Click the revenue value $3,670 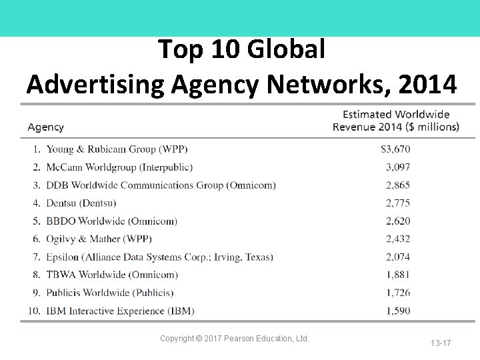click(395, 149)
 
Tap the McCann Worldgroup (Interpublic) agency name click(119, 167)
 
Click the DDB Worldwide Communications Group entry click(161, 185)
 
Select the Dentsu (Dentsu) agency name click(81, 203)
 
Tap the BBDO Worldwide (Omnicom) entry click(111, 221)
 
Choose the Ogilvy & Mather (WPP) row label click(99, 239)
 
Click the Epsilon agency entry click(159, 257)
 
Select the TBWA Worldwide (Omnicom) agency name click(111, 275)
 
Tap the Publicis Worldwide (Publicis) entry click(110, 293)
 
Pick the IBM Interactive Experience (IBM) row click(120, 311)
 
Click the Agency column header click(45, 127)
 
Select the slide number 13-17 click(440, 343)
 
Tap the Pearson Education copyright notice click(235, 339)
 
